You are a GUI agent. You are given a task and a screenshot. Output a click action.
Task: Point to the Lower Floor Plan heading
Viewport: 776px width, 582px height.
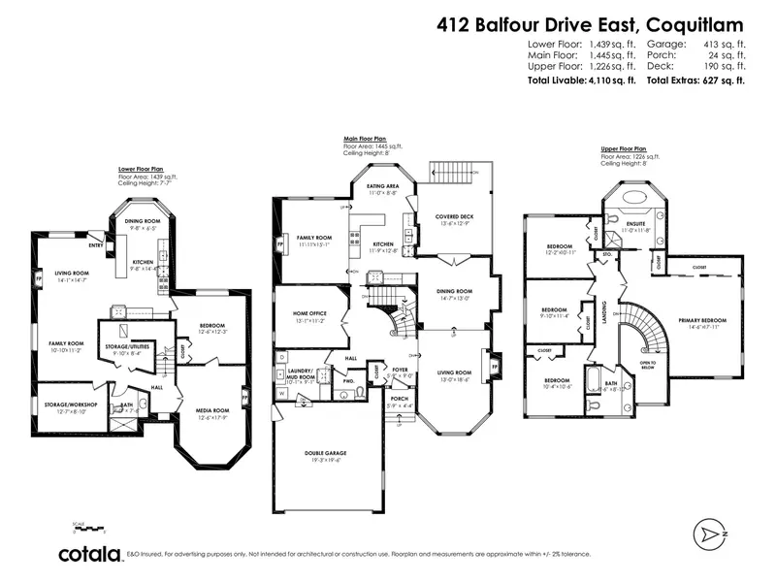tap(142, 168)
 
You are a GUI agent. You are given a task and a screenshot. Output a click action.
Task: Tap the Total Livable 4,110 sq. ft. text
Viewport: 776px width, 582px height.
tap(580, 81)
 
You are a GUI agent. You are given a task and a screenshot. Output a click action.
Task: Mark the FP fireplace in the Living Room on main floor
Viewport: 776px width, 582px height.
tap(496, 368)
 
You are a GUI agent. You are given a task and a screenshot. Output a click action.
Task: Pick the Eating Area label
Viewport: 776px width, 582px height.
tap(383, 186)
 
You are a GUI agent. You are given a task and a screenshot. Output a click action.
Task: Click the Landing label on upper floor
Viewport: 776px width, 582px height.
tap(602, 314)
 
